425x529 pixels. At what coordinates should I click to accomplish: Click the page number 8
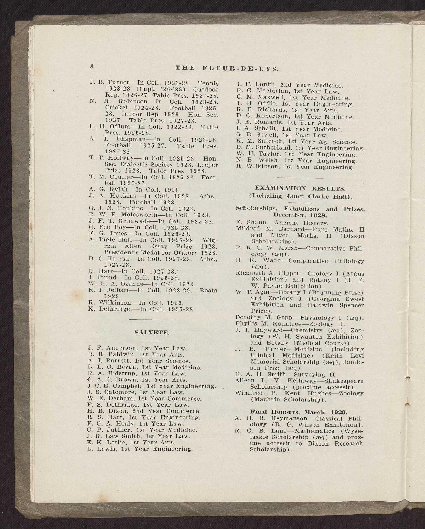click(x=92, y=67)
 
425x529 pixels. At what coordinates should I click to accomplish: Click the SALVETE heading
click(x=152, y=333)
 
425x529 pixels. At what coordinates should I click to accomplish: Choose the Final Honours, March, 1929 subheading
click(x=299, y=412)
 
